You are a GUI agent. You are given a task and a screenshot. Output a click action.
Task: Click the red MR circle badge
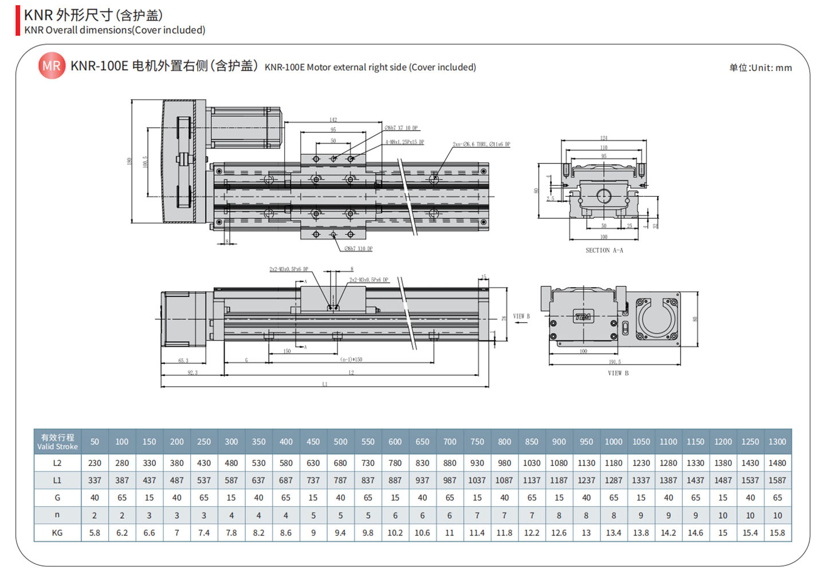tap(52, 66)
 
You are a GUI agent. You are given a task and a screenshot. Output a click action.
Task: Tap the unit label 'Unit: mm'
tap(761, 68)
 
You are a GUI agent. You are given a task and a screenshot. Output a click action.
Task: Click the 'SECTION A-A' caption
tap(604, 250)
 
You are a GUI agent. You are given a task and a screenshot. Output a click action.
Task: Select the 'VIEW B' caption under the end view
tap(618, 373)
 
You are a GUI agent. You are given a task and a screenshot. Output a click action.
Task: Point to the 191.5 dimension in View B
tap(615, 362)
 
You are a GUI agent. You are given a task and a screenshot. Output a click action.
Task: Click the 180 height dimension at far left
tap(129, 161)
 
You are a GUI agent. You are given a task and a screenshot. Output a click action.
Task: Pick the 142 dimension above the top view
tap(333, 120)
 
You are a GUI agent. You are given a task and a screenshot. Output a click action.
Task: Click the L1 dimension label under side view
tap(325, 384)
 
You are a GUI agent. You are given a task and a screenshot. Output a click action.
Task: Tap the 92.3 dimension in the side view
tap(192, 373)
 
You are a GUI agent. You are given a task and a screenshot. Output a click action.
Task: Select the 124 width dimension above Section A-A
tap(603, 138)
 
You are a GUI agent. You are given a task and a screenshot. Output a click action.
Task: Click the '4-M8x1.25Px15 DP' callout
tap(404, 142)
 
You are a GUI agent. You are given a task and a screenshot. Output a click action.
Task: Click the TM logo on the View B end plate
tap(583, 316)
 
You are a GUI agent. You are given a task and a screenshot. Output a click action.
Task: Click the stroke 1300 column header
tap(777, 442)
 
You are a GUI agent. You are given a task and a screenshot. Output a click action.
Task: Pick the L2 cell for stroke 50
tap(95, 463)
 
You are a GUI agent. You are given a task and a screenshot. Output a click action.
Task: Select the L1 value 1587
tap(777, 480)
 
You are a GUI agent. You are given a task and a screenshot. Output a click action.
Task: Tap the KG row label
tap(57, 533)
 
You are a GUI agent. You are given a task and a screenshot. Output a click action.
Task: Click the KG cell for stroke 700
tap(450, 533)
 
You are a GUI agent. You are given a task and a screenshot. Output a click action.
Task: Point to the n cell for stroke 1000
tap(613, 515)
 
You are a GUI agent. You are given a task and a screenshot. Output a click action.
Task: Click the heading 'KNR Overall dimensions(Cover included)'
tap(115, 30)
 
